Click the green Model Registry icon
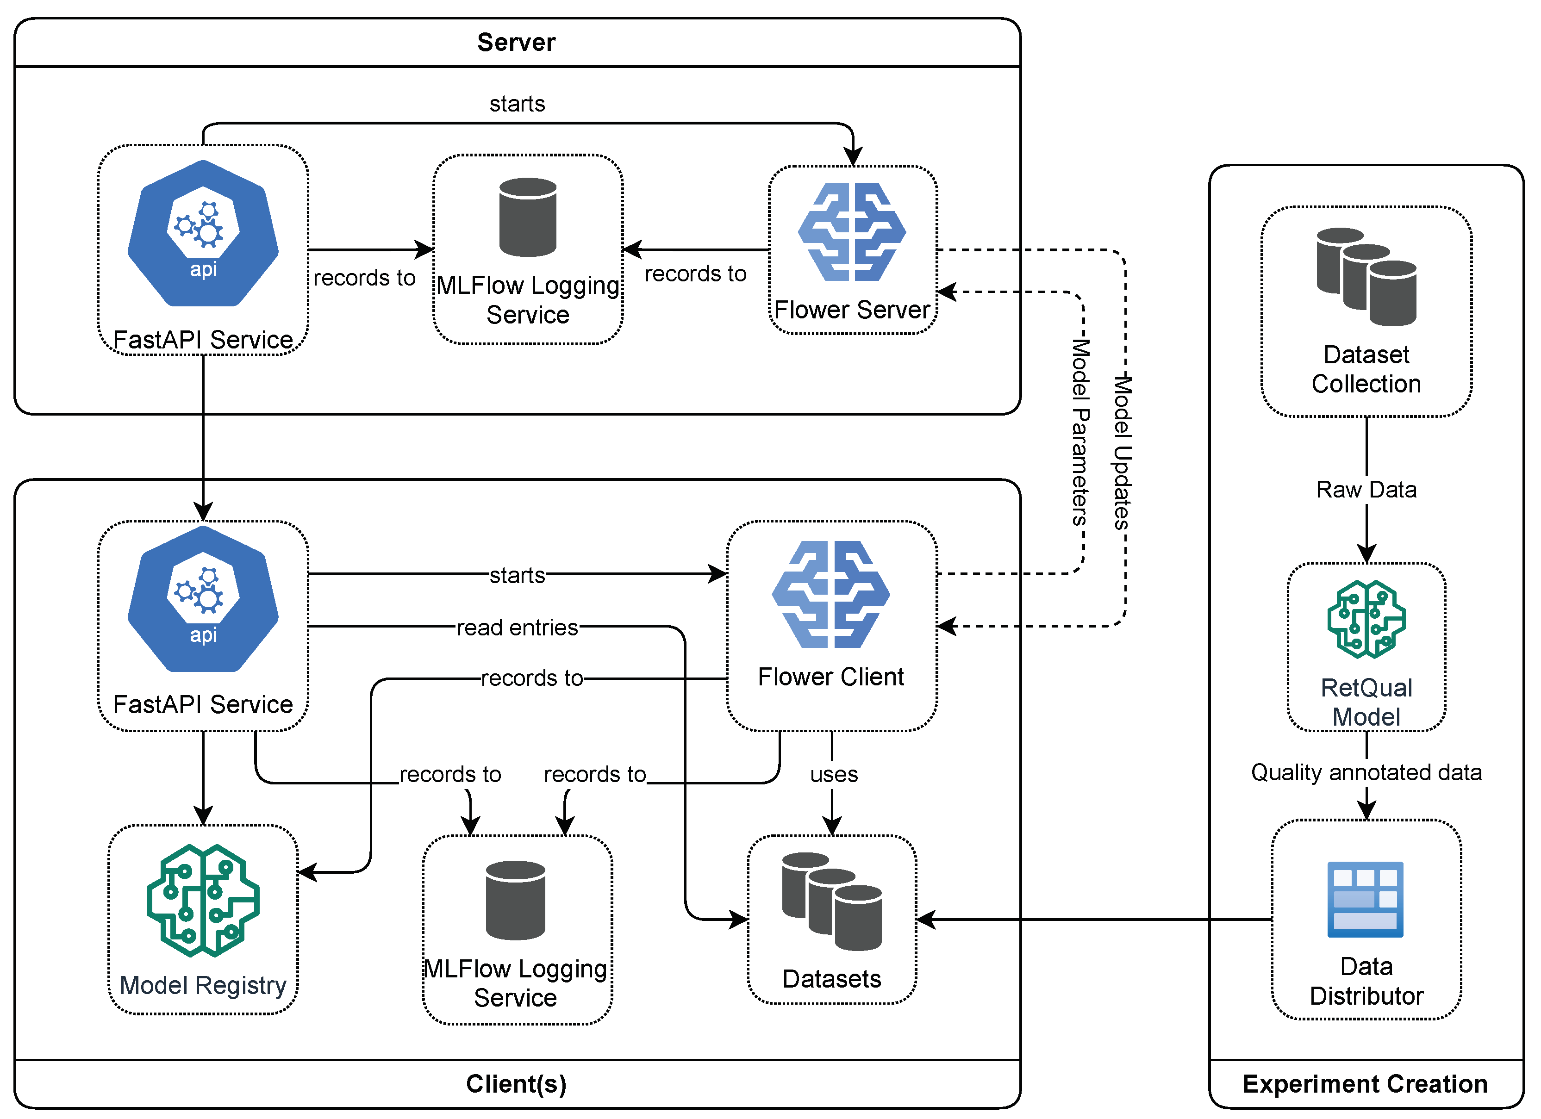click(x=202, y=900)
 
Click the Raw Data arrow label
click(x=1366, y=489)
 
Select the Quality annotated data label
click(x=1366, y=772)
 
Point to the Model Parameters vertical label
click(x=1079, y=432)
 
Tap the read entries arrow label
click(x=517, y=627)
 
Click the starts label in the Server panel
click(x=517, y=103)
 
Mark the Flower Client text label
click(x=830, y=677)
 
